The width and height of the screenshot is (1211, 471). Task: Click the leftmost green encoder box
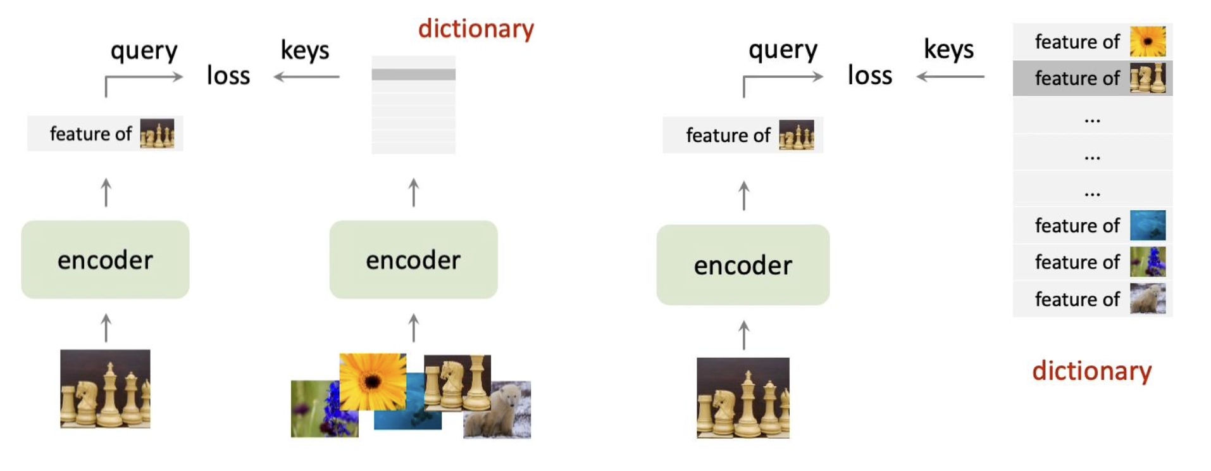105,260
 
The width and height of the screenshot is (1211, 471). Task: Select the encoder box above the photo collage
413,260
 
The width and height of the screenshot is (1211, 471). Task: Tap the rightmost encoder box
743,265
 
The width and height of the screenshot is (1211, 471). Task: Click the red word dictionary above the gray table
476,28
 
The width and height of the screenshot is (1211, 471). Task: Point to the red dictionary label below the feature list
1091,371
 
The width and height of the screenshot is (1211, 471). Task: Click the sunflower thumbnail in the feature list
1147,42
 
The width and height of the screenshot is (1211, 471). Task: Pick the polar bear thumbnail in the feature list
1147,299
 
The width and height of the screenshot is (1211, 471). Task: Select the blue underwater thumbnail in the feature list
1147,225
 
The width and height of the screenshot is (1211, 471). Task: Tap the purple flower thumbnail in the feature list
1147,262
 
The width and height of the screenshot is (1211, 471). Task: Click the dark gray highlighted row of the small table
413,75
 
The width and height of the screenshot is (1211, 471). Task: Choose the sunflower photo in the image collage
372,381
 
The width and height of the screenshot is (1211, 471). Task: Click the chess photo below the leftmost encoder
105,389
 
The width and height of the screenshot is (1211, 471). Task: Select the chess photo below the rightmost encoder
743,398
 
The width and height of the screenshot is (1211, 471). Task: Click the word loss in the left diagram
228,76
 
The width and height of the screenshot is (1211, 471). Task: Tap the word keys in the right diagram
948,49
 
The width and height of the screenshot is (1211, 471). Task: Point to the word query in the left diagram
144,51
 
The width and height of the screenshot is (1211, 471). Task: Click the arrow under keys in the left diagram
306,77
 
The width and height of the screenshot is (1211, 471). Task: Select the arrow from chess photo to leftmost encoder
106,328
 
